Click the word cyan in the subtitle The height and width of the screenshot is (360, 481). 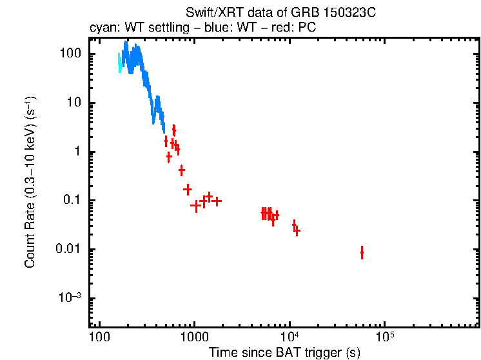[101, 28]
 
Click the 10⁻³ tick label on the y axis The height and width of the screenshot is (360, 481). [69, 297]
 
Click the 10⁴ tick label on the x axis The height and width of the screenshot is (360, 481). [290, 337]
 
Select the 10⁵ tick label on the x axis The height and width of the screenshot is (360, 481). [385, 337]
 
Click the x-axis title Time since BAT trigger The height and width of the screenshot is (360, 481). [284, 352]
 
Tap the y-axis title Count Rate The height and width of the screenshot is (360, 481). [30, 182]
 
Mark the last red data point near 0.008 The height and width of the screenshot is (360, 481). [362, 252]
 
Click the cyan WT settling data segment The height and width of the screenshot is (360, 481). [120, 63]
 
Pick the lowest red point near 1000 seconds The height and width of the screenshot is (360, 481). [195, 206]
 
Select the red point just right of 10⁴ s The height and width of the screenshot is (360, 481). [297, 230]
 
